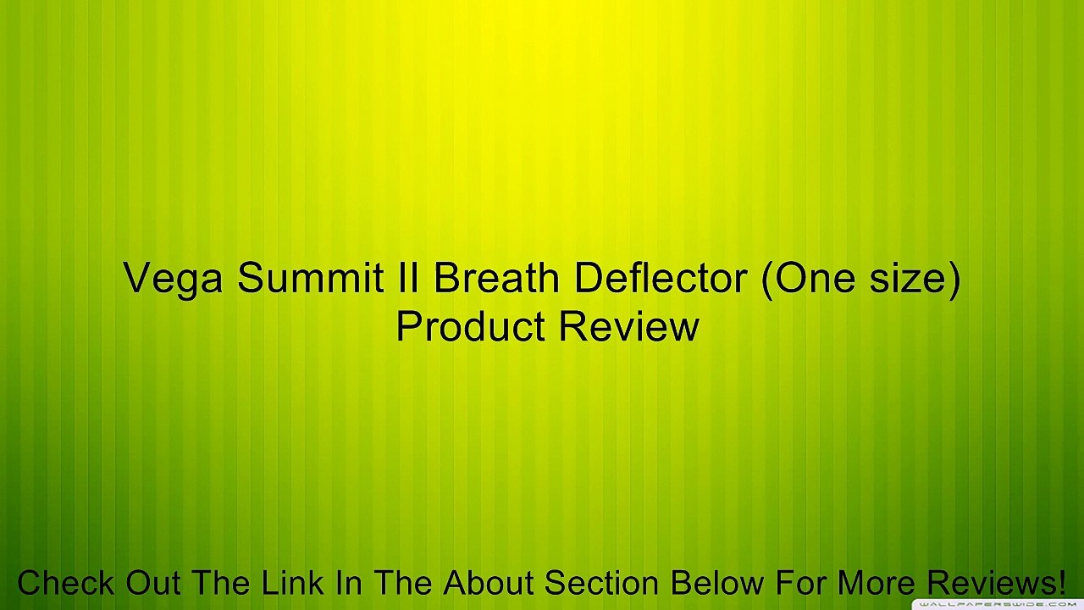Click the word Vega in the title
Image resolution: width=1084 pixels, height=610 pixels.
pyautogui.click(x=174, y=278)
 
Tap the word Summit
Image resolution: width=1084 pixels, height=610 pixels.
pyautogui.click(x=311, y=278)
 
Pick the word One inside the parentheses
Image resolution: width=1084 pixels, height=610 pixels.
pyautogui.click(x=813, y=278)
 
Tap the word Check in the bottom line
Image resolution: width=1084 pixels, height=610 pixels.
pyautogui.click(x=66, y=583)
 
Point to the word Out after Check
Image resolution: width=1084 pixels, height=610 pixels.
pyautogui.click(x=154, y=583)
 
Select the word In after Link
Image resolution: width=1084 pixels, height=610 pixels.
pyautogui.click(x=347, y=583)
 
